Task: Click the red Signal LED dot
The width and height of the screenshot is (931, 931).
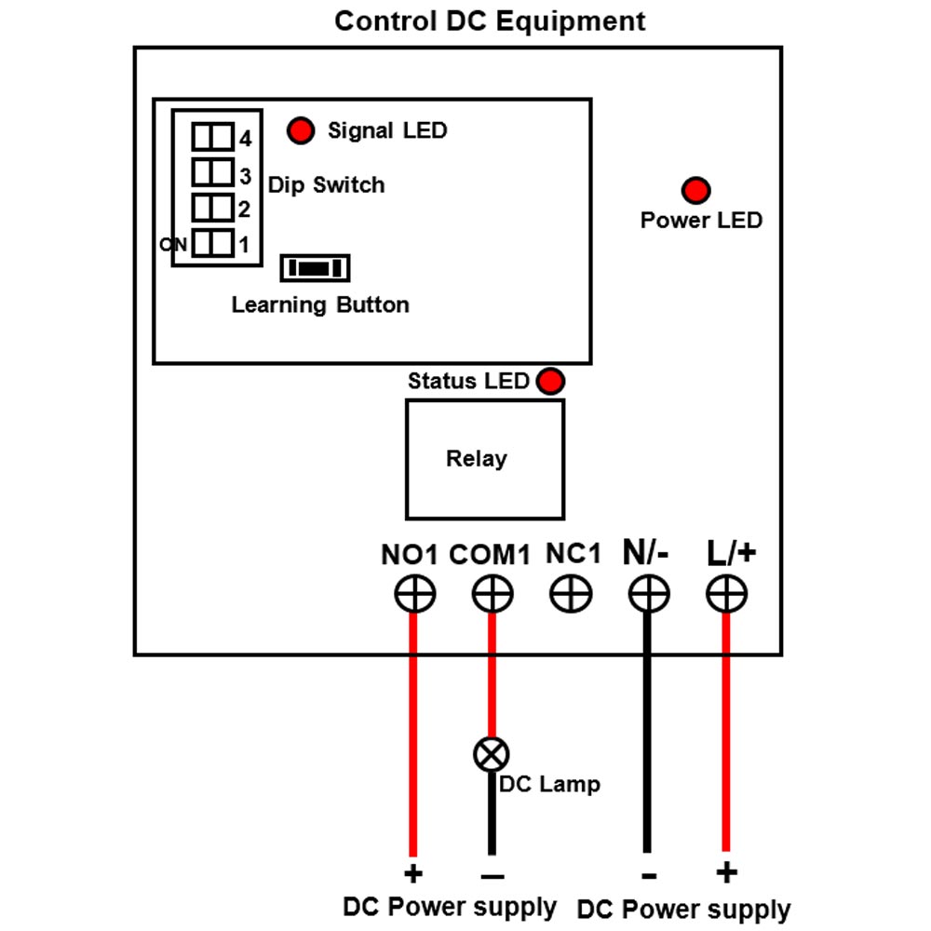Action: click(301, 130)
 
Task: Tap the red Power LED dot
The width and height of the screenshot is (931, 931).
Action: click(695, 190)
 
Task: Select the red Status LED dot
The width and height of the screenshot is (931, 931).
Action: click(550, 381)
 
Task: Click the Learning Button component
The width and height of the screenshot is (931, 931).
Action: click(315, 268)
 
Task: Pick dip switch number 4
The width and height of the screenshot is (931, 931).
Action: click(212, 137)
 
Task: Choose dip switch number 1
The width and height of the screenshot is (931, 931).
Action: click(212, 243)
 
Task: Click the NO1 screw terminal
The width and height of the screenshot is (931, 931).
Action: click(415, 593)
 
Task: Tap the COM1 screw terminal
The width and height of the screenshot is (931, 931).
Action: click(492, 593)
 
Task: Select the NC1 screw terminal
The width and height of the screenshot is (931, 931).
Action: click(571, 593)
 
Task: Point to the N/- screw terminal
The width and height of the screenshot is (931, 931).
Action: click(648, 593)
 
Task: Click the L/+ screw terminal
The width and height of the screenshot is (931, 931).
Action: click(726, 593)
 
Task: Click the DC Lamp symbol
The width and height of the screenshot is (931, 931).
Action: click(492, 754)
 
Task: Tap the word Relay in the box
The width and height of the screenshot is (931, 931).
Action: click(476, 458)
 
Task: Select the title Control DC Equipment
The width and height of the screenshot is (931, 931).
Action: click(490, 21)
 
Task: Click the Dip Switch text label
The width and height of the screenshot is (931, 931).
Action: click(326, 184)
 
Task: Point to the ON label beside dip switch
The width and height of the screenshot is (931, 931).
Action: click(173, 244)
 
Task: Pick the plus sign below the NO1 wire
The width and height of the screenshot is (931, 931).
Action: click(413, 873)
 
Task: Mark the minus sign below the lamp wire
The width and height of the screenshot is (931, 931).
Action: click(492, 876)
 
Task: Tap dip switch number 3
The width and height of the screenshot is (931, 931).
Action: click(212, 172)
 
